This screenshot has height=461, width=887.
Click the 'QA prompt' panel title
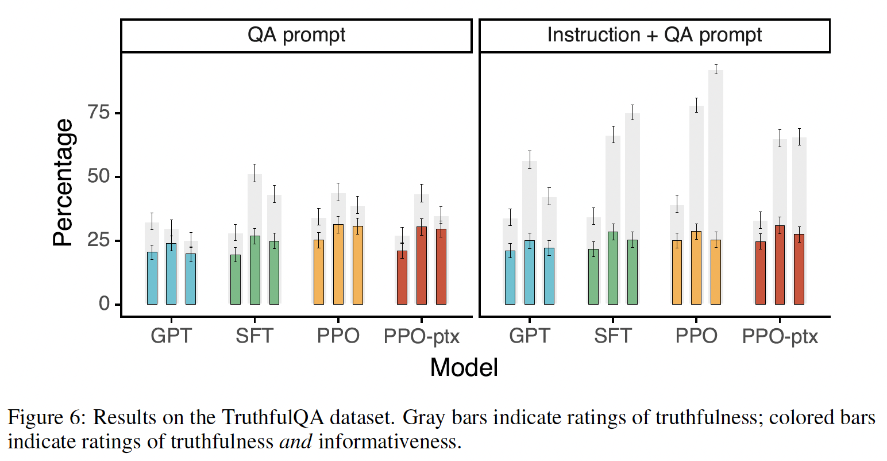296,35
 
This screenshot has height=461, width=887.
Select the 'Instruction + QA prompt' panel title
654,35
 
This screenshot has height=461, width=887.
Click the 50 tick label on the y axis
98,176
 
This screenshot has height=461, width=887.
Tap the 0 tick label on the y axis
104,304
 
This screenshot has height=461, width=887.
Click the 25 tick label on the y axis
98,240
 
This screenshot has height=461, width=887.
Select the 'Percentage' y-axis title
63,182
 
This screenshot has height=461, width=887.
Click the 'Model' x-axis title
464,367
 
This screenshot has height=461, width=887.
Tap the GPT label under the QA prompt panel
171,336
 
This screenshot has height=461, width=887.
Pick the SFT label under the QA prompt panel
254,336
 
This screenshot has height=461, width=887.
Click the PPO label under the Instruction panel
696,336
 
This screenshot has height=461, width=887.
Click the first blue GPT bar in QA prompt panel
152,278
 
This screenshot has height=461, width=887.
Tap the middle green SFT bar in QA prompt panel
254,270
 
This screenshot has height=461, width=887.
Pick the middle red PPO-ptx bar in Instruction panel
780,265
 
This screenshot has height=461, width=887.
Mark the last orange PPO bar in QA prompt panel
357,265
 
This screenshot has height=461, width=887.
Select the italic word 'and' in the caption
295,441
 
